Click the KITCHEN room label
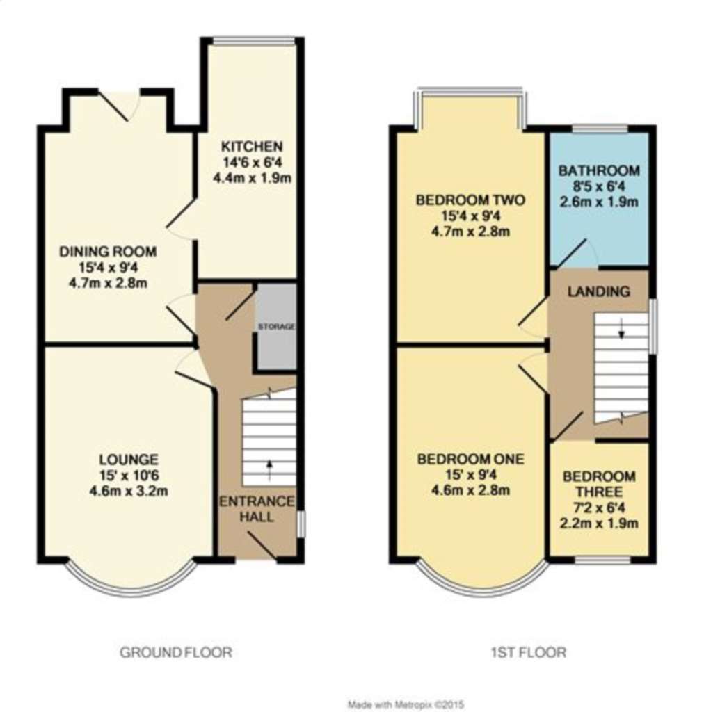click(x=251, y=147)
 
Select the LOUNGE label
click(x=129, y=460)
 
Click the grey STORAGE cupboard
click(x=277, y=326)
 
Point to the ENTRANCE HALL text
click(x=257, y=509)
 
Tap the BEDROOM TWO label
click(x=470, y=200)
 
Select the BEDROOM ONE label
click(x=470, y=460)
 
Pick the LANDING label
click(x=598, y=291)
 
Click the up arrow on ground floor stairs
click(x=269, y=467)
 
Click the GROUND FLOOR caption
click(x=175, y=652)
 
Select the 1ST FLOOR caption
click(x=527, y=652)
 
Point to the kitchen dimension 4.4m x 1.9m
click(x=251, y=177)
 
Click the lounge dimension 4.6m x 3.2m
click(x=129, y=490)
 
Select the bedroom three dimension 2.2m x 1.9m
click(x=598, y=524)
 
